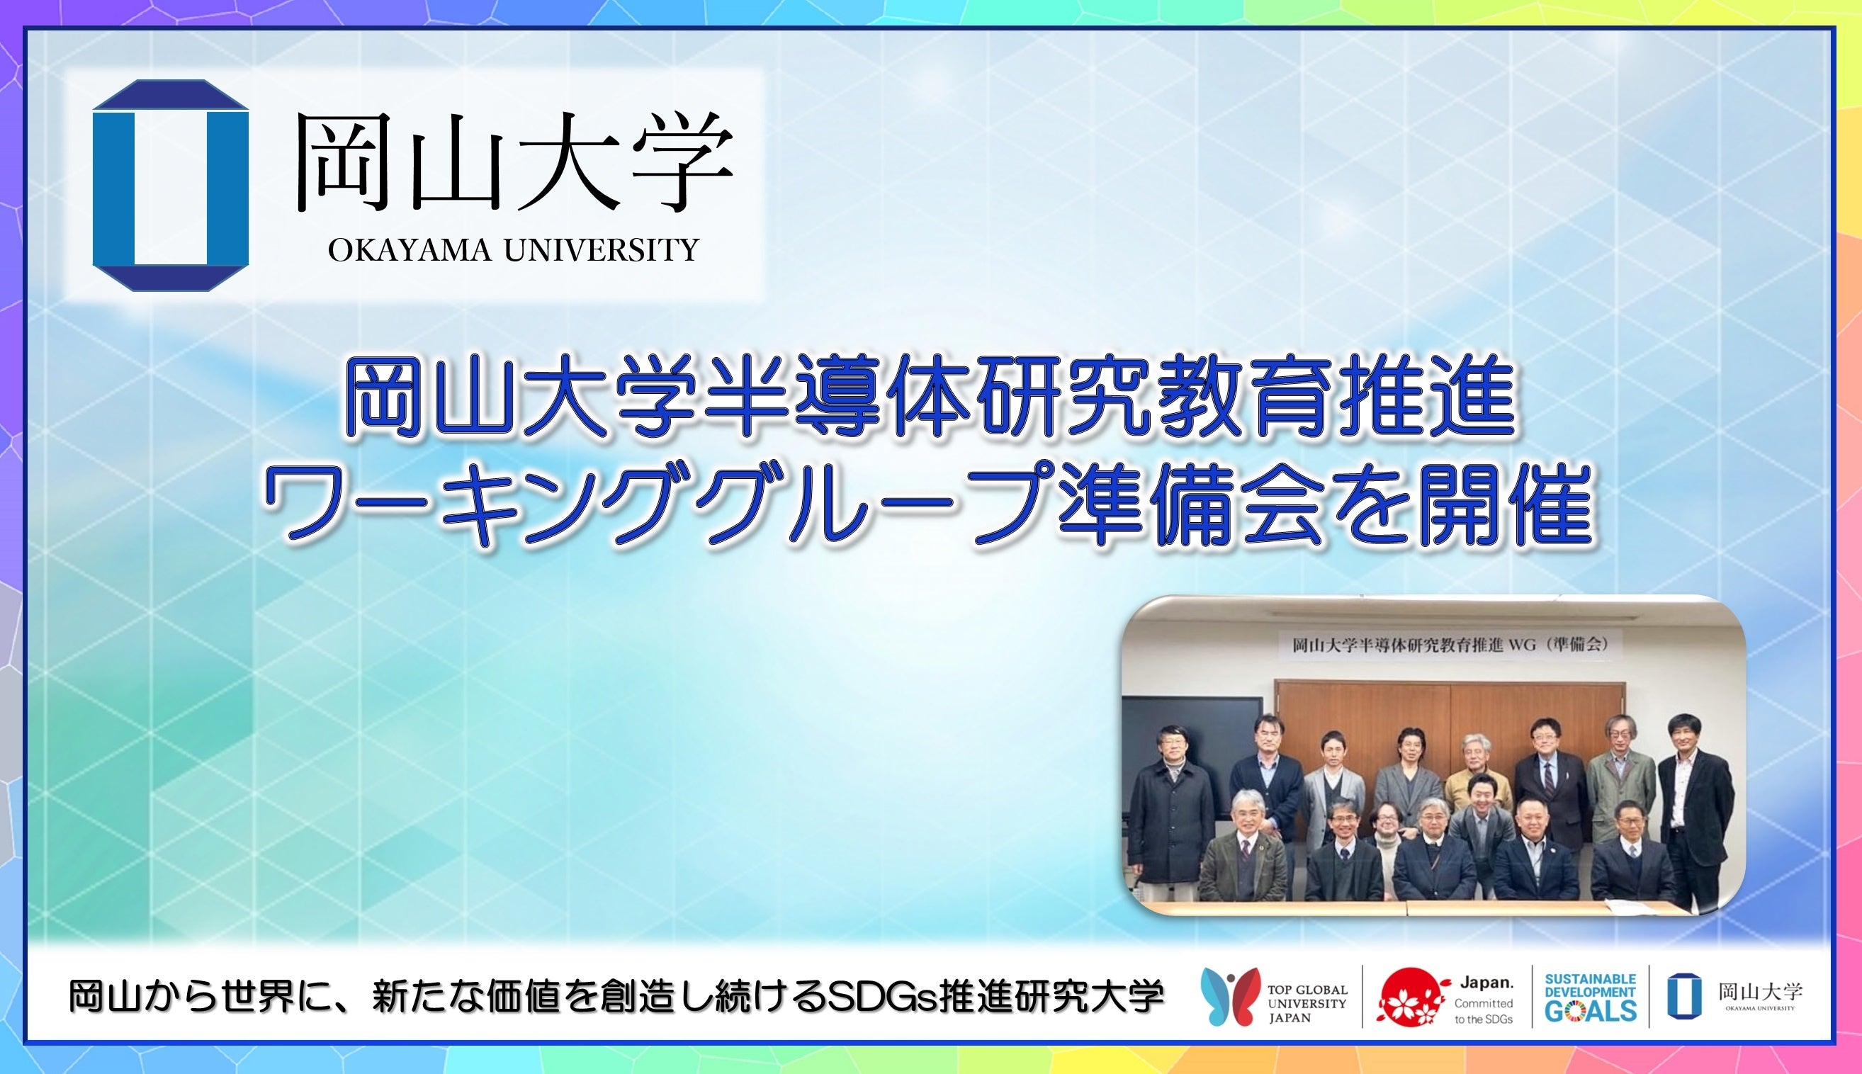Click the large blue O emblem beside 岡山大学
[x=171, y=185]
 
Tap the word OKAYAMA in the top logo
[x=410, y=251]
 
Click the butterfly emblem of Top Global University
[x=1229, y=997]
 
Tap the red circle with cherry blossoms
[x=1410, y=997]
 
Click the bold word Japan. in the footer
[x=1486, y=983]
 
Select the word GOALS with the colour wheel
[x=1591, y=1011]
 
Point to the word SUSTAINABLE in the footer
[x=1591, y=979]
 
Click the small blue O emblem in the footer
[x=1684, y=997]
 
